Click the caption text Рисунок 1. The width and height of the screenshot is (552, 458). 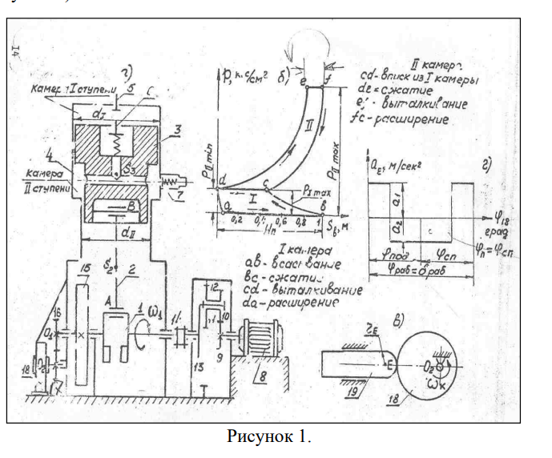tap(268, 437)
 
